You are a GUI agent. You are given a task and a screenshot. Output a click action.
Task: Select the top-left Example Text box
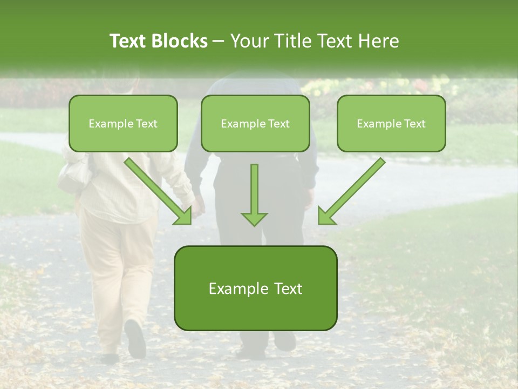[123, 124]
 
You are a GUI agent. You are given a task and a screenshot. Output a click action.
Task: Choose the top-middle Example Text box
[255, 124]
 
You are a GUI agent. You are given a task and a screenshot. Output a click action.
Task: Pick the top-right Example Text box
[391, 124]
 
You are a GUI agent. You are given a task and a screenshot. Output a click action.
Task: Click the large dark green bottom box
[255, 289]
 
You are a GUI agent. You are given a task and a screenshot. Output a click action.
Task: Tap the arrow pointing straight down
[254, 194]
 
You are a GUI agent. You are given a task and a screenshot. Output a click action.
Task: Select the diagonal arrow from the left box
[159, 192]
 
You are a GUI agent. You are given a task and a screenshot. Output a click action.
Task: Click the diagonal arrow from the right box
[351, 192]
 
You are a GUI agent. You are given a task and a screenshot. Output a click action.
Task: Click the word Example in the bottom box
[231, 289]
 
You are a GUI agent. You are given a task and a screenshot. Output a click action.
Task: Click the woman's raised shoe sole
[135, 338]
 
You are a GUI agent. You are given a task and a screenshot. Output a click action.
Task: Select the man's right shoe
[284, 340]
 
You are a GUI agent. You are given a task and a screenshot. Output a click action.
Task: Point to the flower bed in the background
[378, 86]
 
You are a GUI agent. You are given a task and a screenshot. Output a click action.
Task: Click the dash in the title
[219, 41]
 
